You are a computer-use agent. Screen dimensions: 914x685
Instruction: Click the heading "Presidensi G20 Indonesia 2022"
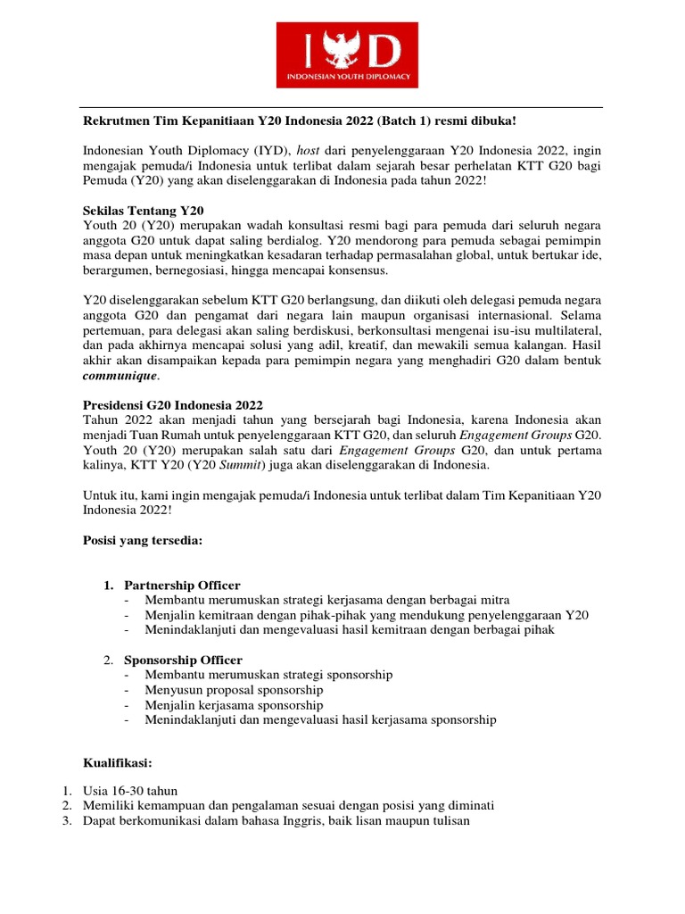[172, 404]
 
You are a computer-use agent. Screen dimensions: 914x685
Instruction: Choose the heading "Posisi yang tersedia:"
[143, 540]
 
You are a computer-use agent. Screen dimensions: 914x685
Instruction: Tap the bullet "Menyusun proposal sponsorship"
[234, 690]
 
